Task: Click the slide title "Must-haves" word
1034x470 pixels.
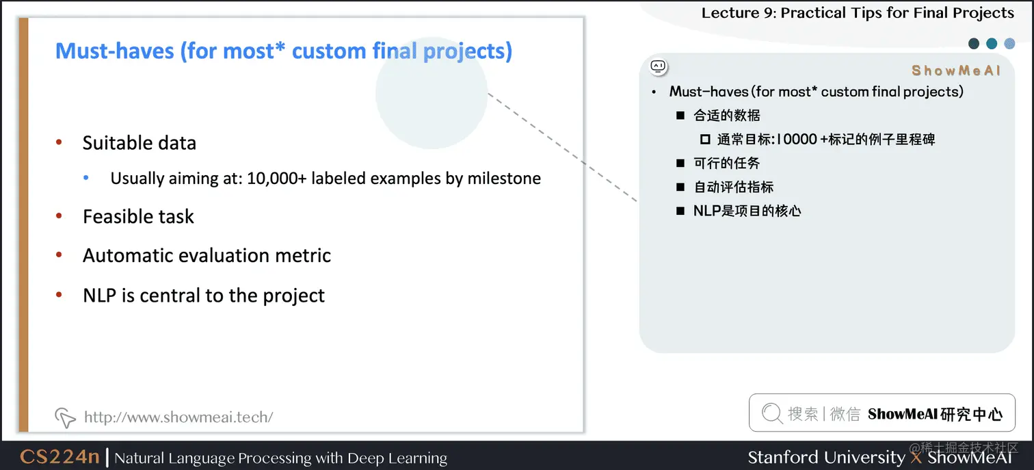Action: click(115, 51)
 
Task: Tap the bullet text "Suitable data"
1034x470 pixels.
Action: click(140, 143)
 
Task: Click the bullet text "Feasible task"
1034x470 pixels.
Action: click(138, 217)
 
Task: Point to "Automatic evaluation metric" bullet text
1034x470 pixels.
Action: click(207, 256)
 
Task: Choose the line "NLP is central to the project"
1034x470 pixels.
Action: click(204, 296)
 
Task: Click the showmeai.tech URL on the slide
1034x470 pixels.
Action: click(178, 417)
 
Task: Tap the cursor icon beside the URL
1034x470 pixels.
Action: click(64, 417)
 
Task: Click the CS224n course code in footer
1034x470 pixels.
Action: click(59, 457)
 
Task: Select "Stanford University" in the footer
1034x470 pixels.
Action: click(825, 457)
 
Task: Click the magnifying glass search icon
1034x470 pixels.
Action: click(771, 413)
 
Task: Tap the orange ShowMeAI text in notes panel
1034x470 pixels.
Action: click(955, 70)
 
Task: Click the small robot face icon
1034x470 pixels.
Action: click(658, 66)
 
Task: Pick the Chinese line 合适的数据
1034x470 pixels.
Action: click(727, 116)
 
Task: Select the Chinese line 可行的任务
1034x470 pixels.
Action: click(727, 164)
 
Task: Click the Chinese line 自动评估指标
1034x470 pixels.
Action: click(734, 187)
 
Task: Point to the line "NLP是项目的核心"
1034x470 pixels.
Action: click(747, 211)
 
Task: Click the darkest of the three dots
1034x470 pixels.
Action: click(974, 44)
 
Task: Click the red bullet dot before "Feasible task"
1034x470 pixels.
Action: click(59, 217)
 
